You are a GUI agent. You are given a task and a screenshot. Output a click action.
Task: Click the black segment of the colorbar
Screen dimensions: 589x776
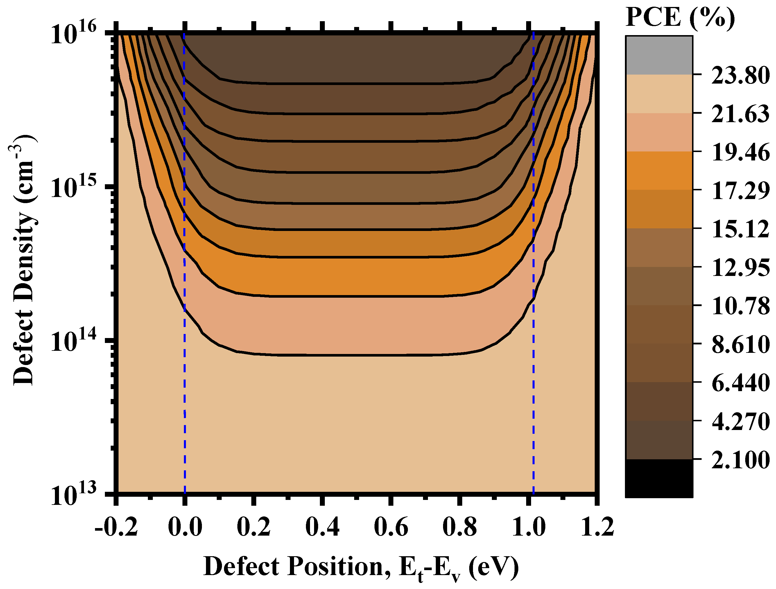tap(659, 478)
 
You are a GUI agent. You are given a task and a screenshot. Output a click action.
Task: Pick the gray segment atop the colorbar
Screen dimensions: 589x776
tap(659, 55)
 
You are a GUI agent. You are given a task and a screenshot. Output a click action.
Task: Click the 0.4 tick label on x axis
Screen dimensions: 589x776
tap(322, 527)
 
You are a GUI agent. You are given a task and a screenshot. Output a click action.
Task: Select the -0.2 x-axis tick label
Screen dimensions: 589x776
tap(116, 527)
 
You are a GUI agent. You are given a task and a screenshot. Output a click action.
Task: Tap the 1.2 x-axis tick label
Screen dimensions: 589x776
tap(597, 527)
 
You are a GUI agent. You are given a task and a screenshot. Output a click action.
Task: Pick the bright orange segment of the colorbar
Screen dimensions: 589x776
tap(659, 171)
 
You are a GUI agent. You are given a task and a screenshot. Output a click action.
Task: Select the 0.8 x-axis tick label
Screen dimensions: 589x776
tap(459, 527)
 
